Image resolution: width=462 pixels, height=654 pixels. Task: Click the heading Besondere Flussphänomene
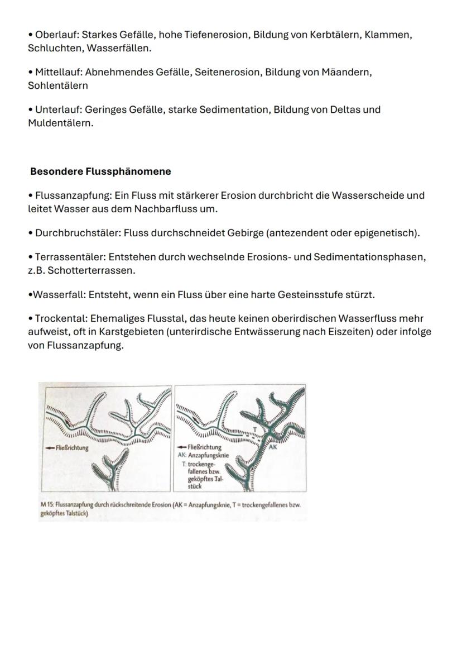(x=100, y=171)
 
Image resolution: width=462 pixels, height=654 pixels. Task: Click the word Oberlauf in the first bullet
(x=56, y=35)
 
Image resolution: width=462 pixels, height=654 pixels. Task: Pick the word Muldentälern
(x=60, y=123)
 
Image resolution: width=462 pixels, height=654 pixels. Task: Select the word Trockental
(x=60, y=318)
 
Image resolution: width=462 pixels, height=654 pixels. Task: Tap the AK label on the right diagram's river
(x=273, y=447)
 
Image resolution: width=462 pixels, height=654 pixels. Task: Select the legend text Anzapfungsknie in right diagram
(x=210, y=455)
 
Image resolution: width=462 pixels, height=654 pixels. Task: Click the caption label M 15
(x=46, y=505)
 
